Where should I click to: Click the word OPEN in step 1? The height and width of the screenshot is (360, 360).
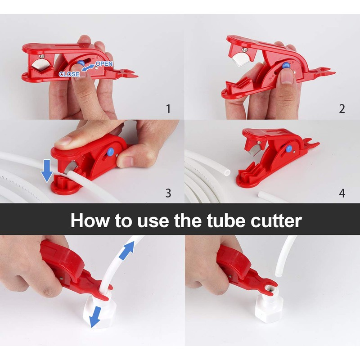pos(104,63)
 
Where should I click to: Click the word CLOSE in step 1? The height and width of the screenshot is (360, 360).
pos(69,74)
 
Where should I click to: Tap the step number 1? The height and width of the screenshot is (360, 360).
pos(168,108)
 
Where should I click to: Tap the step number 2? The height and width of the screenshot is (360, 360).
pos(342,108)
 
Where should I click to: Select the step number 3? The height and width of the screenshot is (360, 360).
pos(168,193)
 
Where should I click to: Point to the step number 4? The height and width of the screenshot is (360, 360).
pos(342,193)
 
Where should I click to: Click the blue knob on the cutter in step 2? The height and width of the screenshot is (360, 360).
pos(286,65)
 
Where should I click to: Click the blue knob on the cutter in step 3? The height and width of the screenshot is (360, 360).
pos(110,151)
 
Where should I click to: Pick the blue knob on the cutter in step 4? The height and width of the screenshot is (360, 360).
pos(289,149)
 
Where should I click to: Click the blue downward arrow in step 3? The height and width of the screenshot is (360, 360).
pos(47,171)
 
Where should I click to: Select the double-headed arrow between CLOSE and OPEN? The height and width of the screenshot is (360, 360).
pos(88,68)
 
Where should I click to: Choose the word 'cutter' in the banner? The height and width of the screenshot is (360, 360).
pos(276,220)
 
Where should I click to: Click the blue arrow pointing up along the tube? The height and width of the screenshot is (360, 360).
pos(126,251)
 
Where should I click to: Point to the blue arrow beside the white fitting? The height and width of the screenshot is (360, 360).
pos(96,317)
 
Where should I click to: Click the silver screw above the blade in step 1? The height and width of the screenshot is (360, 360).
pos(41,57)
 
